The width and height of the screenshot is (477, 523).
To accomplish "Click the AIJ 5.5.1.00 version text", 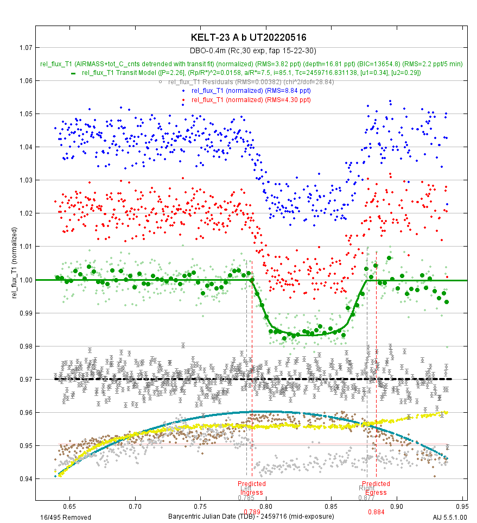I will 450,517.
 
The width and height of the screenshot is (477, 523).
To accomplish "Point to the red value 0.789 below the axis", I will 252,512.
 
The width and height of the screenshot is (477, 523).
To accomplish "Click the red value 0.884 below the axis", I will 376,512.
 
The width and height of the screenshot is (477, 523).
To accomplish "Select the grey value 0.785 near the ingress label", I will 246,498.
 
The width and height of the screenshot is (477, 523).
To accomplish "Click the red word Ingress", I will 252,493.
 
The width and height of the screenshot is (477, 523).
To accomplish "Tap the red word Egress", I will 376,493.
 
